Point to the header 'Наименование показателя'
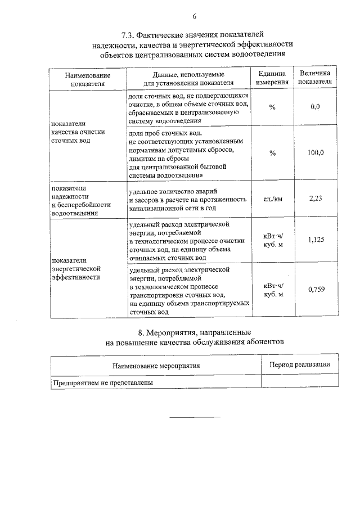click(x=88, y=79)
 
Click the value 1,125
click(x=316, y=240)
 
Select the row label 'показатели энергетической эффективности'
click(x=75, y=269)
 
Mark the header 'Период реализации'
click(x=300, y=364)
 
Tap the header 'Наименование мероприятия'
click(x=156, y=366)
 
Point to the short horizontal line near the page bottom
click(x=195, y=417)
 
